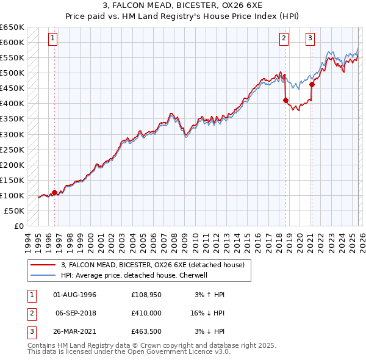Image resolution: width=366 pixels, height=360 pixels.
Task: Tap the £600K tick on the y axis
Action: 12,42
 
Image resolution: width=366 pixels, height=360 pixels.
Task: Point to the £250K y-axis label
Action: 12,149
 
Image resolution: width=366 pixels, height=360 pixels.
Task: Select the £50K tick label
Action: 15,211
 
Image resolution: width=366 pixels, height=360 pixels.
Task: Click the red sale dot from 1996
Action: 55,192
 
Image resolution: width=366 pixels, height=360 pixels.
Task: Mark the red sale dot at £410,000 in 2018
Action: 285,101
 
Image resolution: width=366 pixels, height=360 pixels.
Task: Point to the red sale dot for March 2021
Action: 312,84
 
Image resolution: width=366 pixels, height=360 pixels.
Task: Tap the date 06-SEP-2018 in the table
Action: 76,312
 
